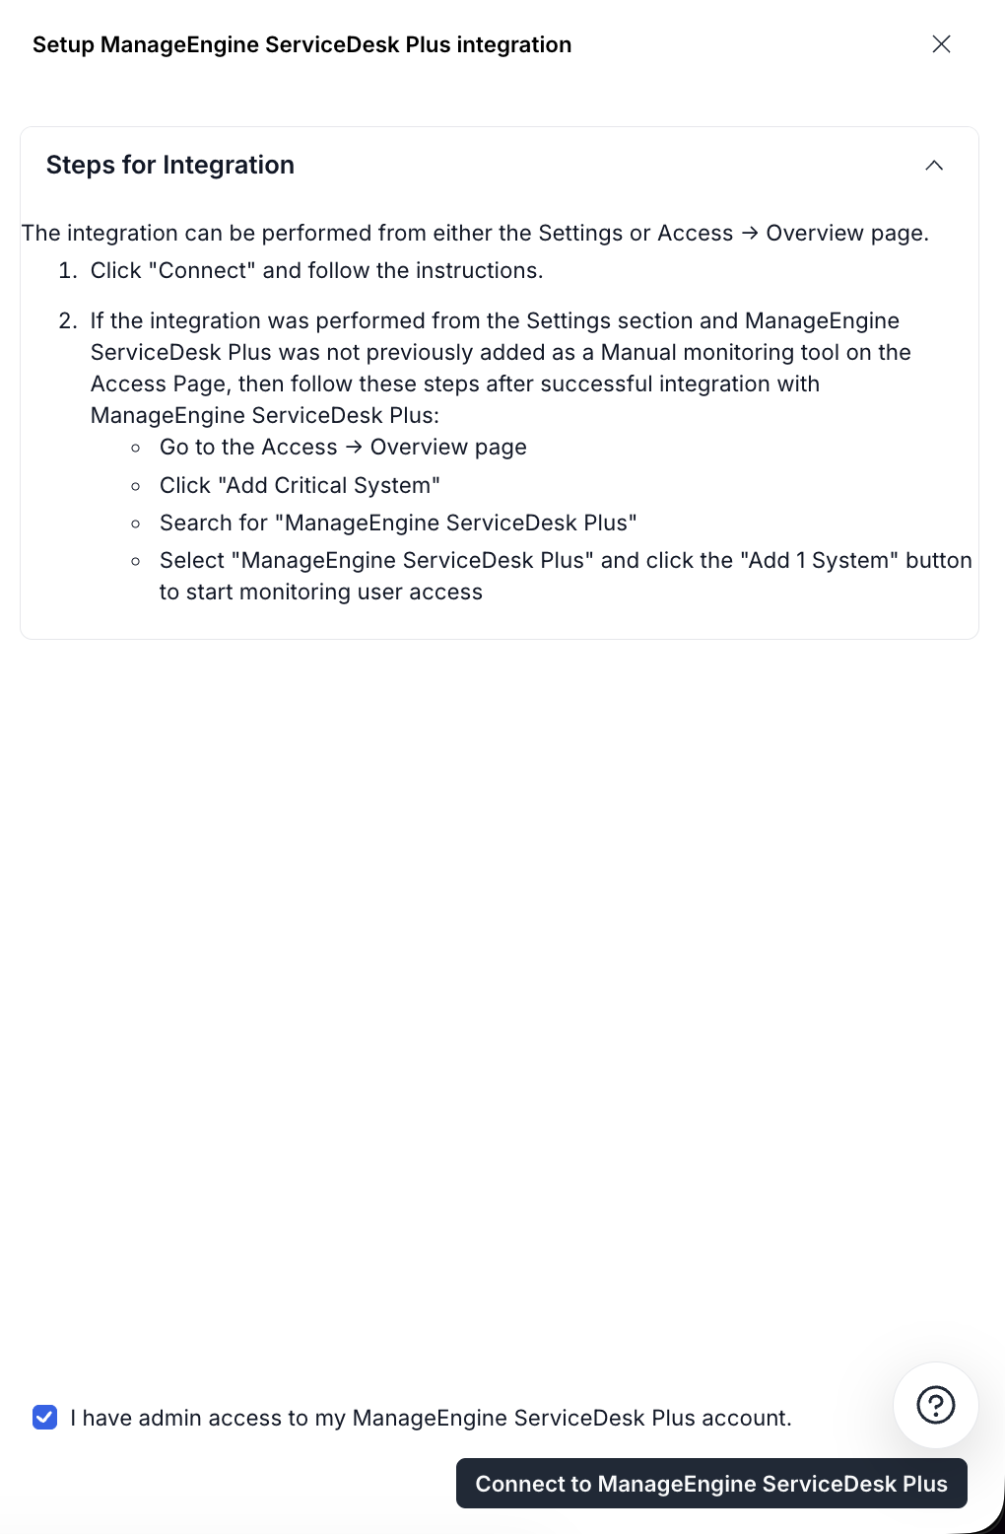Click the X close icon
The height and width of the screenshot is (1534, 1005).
941,44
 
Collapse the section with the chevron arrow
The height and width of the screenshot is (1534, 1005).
934,166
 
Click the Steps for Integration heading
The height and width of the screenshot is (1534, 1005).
170,166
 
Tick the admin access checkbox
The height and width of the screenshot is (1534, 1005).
45,1418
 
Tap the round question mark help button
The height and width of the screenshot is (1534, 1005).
935,1405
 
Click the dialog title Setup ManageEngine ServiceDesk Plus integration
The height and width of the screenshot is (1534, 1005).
301,45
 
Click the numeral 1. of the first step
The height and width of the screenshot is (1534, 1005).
67,271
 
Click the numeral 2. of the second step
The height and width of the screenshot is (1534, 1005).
67,321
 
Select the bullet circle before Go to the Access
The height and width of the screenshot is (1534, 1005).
136,449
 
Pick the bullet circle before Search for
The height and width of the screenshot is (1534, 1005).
136,523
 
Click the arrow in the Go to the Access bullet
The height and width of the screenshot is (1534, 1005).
354,448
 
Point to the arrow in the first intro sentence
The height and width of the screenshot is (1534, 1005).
750,234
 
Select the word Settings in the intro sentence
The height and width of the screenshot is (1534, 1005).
580,234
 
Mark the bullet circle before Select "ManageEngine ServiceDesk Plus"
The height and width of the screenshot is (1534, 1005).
136,561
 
